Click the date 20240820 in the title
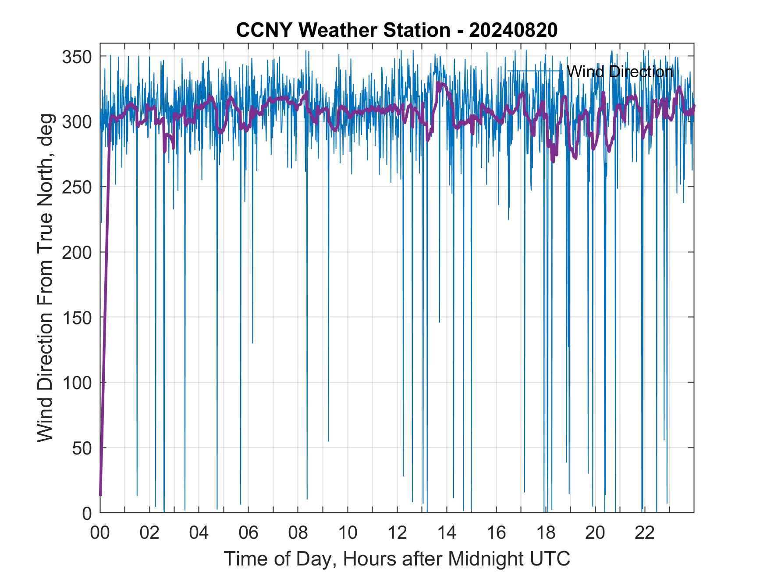(x=513, y=30)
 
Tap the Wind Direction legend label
(x=620, y=72)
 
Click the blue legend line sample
(x=534, y=71)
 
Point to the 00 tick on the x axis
(x=100, y=533)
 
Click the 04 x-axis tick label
(x=199, y=533)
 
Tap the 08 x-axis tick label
(x=298, y=533)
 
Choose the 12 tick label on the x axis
(x=397, y=533)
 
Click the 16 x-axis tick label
(x=496, y=533)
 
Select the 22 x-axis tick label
(x=645, y=533)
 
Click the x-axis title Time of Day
(x=397, y=558)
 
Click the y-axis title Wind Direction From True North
(x=46, y=278)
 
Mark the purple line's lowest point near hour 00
(x=100, y=495)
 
